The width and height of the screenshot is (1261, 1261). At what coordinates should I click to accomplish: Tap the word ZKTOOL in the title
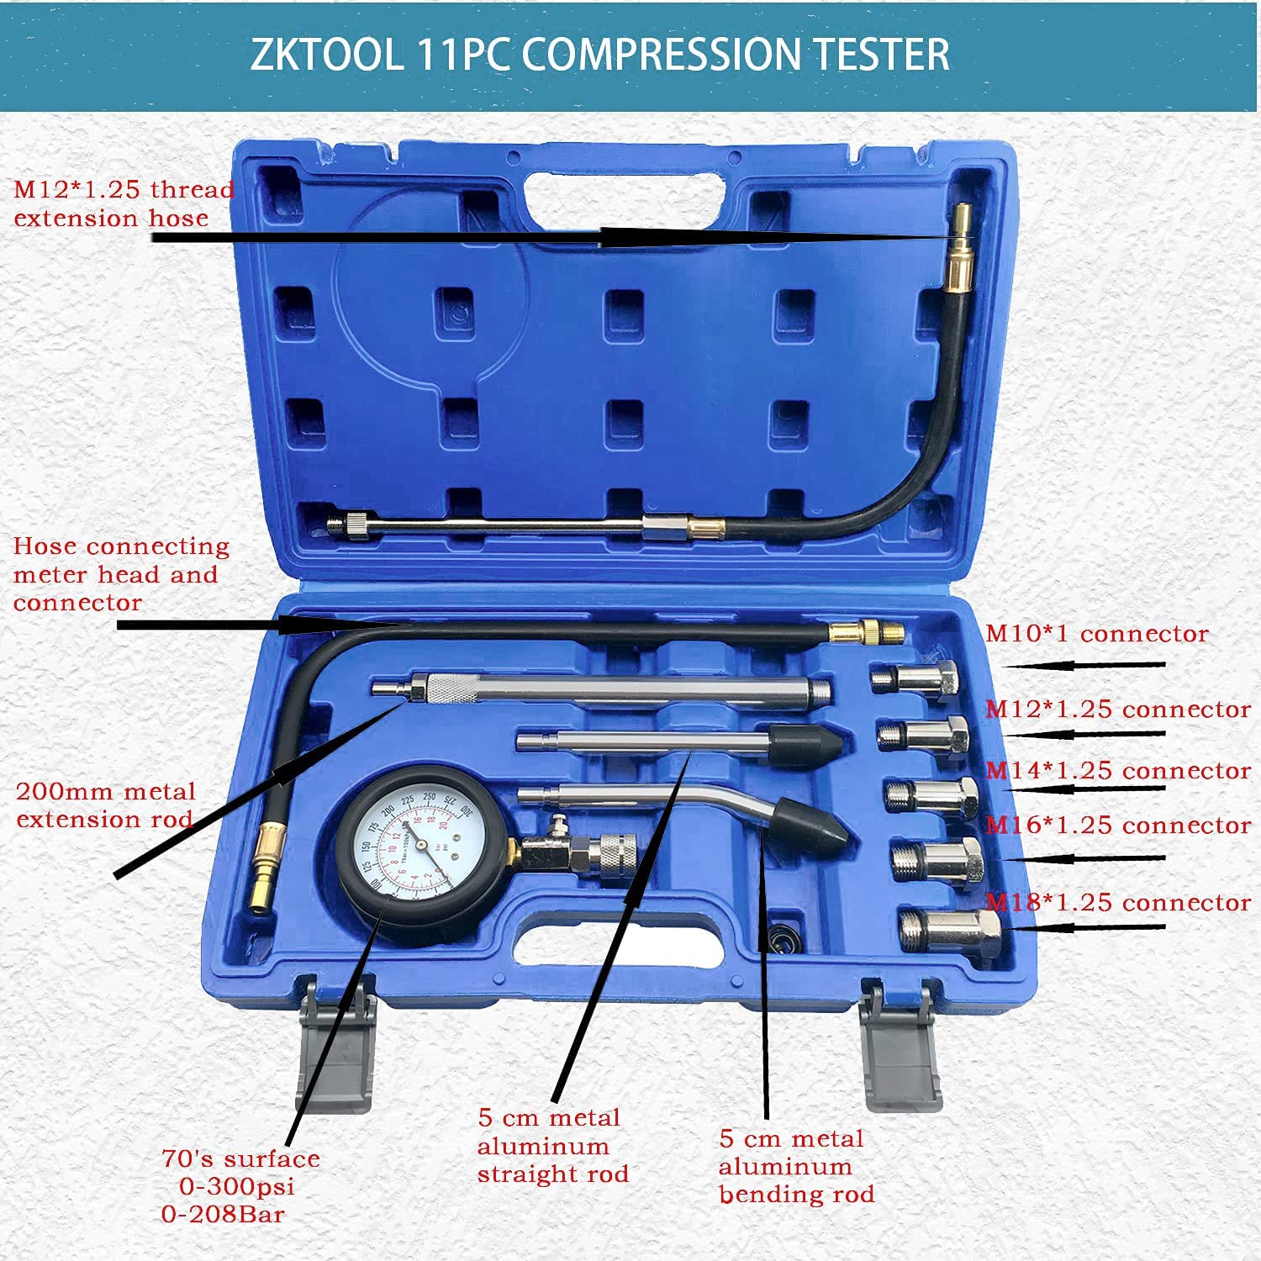tap(326, 55)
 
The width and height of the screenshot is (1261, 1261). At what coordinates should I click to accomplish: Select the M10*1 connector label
tap(1096, 634)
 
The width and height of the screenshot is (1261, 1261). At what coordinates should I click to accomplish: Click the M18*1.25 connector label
tap(1118, 903)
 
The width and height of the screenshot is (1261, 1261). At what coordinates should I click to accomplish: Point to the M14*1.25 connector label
tap(1118, 771)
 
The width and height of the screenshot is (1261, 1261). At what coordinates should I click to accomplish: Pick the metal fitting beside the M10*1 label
tap(915, 678)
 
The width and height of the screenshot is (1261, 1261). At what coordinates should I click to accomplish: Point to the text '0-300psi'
tap(237, 1187)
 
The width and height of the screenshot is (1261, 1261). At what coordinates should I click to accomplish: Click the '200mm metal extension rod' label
tap(105, 805)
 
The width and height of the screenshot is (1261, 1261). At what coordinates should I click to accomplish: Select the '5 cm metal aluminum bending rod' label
tap(795, 1167)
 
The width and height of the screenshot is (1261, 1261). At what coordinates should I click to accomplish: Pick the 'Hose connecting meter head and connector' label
tap(120, 574)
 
